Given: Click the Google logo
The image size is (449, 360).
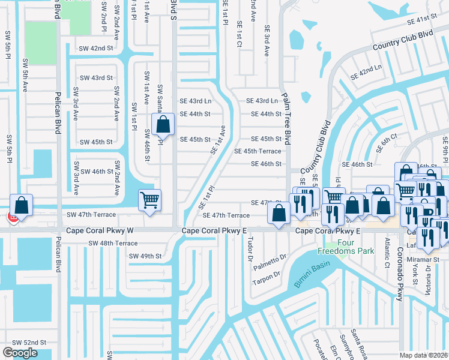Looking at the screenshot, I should click(20, 353).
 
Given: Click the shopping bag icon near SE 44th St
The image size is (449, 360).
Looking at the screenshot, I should click(163, 125).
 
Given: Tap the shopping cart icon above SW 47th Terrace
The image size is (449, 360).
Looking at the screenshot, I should click(149, 200).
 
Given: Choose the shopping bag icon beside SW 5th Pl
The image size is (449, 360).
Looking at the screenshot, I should click(22, 205).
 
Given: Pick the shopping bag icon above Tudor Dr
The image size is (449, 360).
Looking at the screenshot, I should click(279, 212).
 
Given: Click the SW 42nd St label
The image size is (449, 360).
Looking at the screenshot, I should click(97, 48).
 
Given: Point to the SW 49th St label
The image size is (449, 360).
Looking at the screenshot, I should click(146, 256).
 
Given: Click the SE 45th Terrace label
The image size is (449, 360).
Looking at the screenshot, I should click(258, 151).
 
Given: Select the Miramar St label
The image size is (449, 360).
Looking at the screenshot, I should click(429, 259).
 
